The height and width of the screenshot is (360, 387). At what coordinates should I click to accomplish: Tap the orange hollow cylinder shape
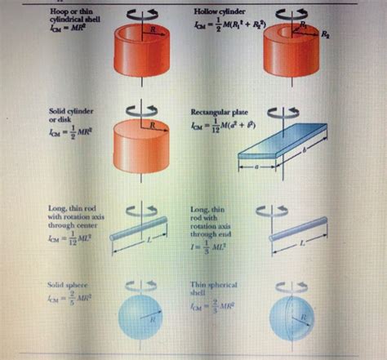(290, 57)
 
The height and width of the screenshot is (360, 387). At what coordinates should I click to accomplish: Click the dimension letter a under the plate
(256, 166)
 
